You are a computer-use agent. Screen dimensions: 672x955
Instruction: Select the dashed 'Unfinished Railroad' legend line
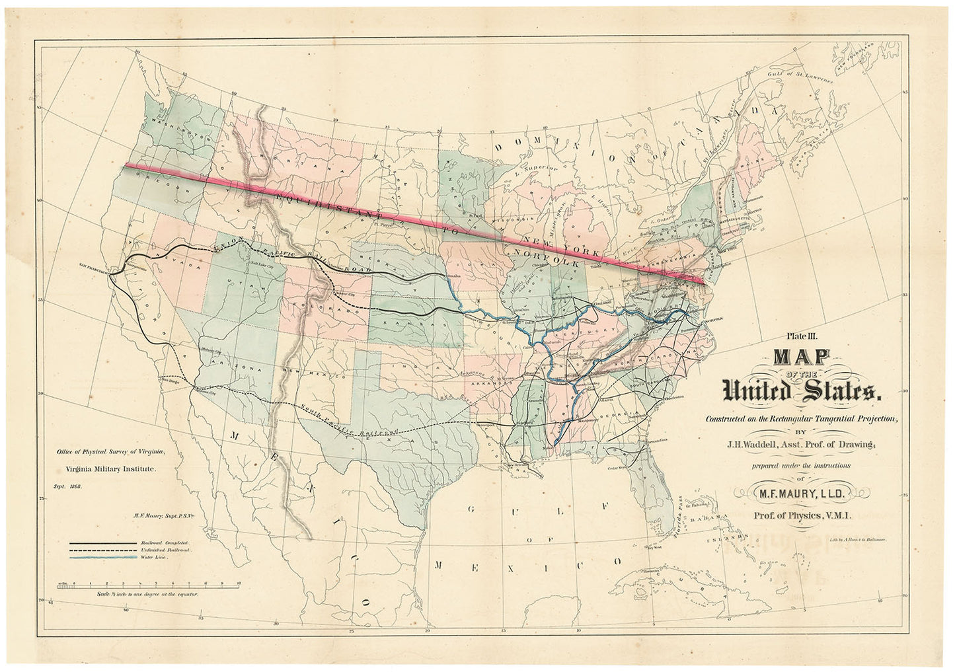point(103,550)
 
